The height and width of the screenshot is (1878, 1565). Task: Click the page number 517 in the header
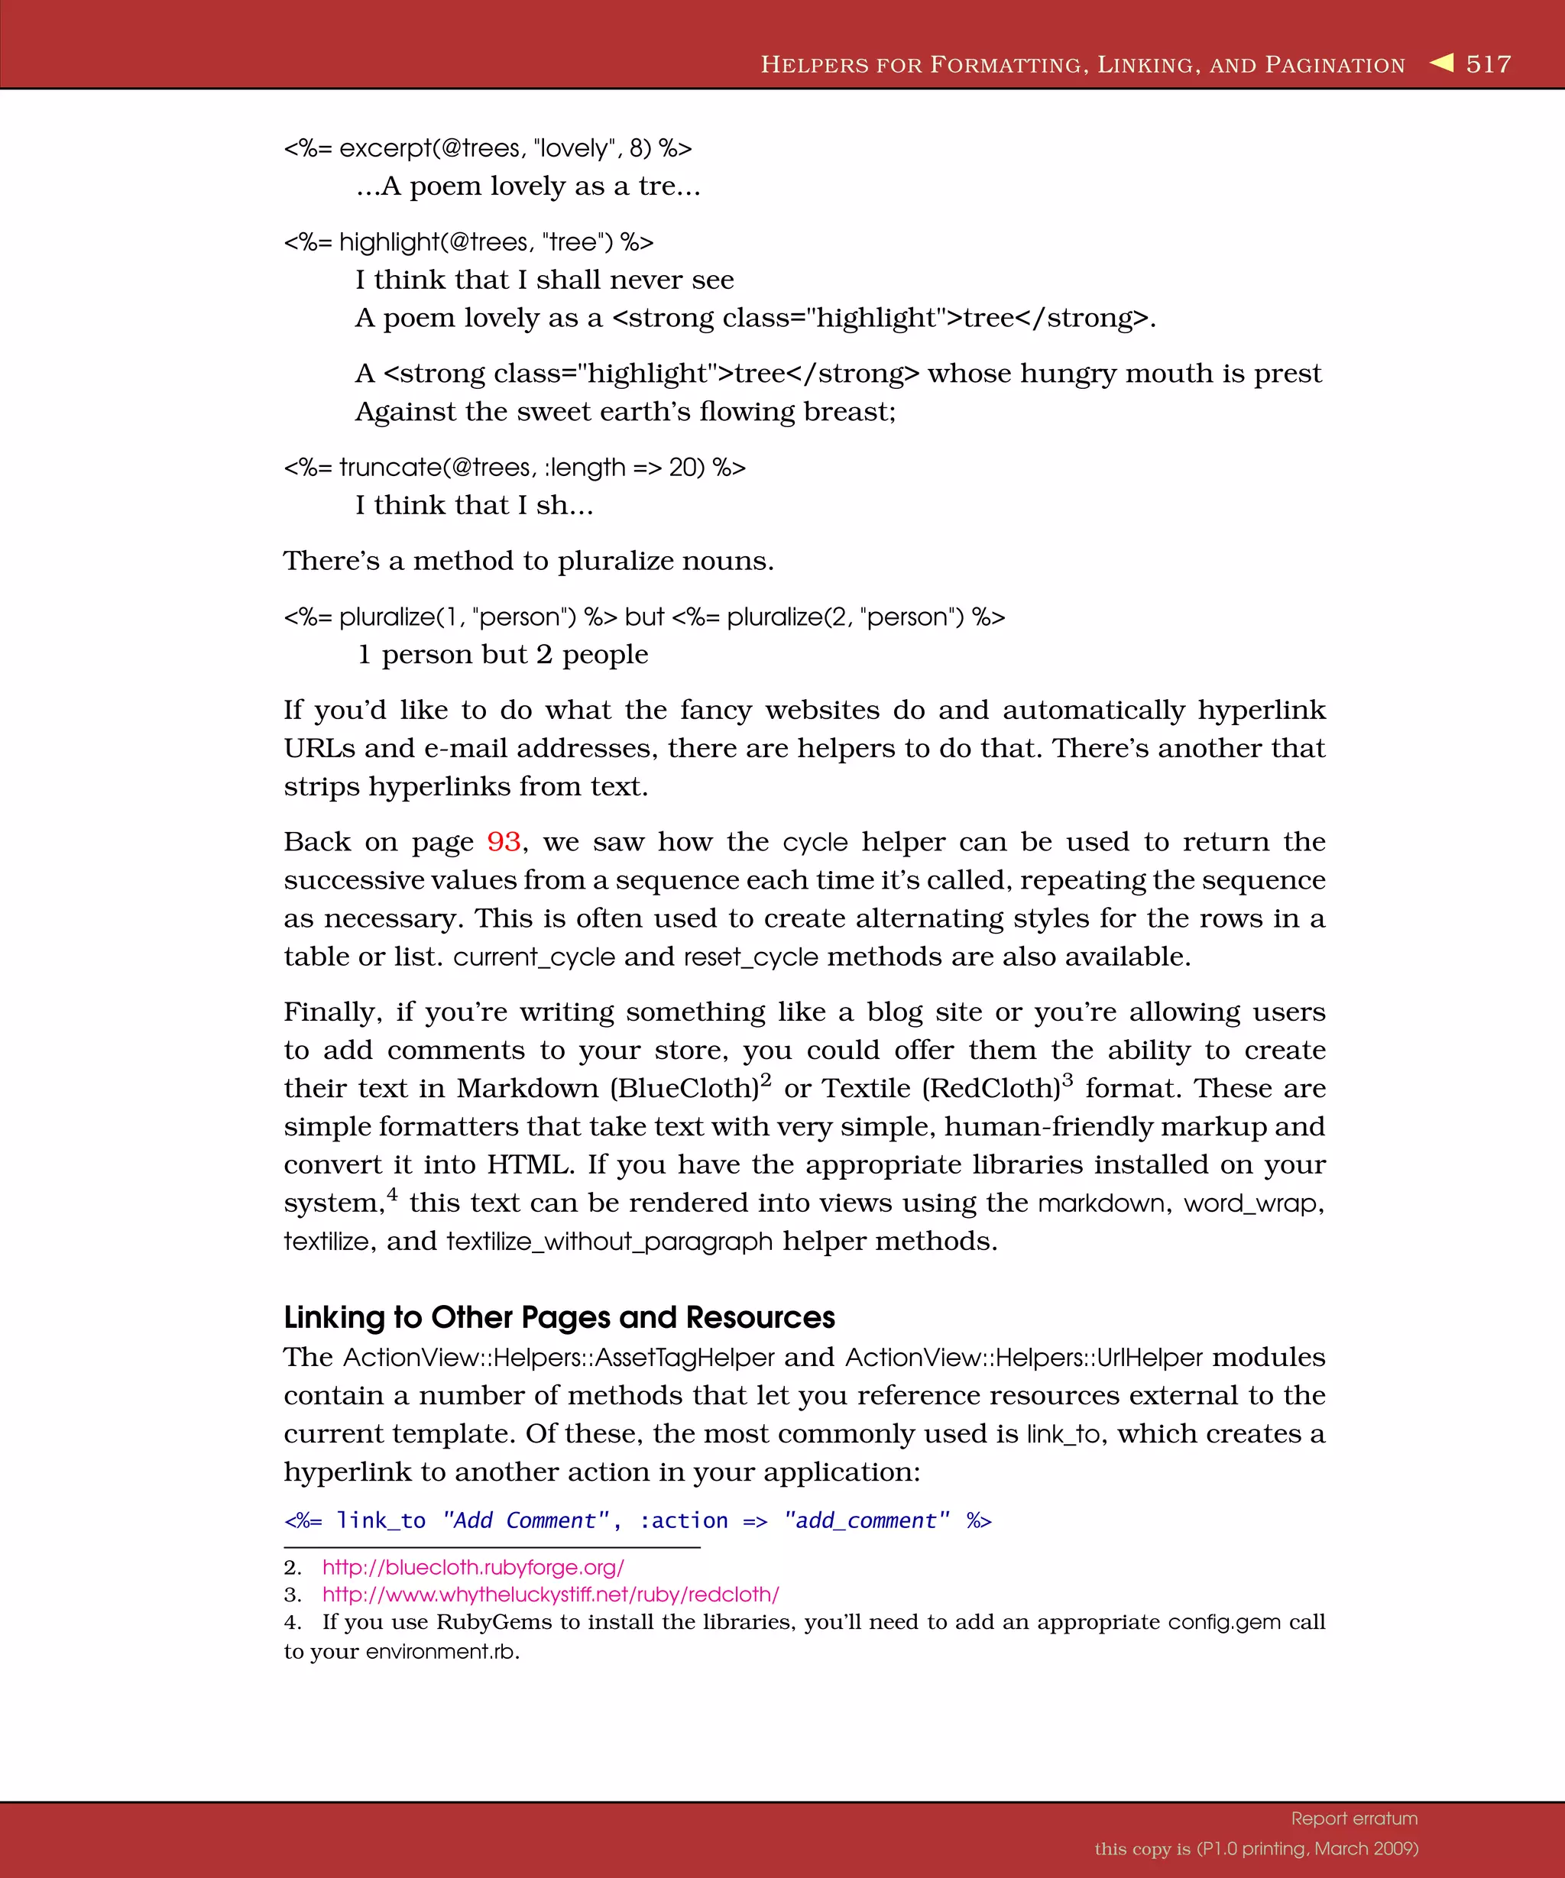(1488, 64)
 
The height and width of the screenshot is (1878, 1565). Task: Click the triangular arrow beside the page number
(1442, 63)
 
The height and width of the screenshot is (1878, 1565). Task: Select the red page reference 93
(504, 841)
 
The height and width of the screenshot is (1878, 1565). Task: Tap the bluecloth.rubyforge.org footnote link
(473, 1567)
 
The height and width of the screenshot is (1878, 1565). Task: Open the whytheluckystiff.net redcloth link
(550, 1595)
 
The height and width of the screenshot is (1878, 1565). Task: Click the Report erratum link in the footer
(1354, 1818)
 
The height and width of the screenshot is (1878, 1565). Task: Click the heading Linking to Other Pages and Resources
(559, 1317)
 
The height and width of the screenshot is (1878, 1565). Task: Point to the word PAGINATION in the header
(1335, 65)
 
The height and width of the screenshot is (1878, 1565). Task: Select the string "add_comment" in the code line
(867, 1520)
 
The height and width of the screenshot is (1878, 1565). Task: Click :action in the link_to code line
(683, 1520)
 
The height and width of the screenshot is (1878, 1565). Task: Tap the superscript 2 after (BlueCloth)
(766, 1080)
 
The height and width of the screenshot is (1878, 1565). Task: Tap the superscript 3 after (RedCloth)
(1067, 1080)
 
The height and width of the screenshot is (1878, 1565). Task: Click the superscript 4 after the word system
(392, 1194)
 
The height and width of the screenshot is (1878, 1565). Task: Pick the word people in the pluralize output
(604, 655)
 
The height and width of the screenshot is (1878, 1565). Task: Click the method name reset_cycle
(750, 957)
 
